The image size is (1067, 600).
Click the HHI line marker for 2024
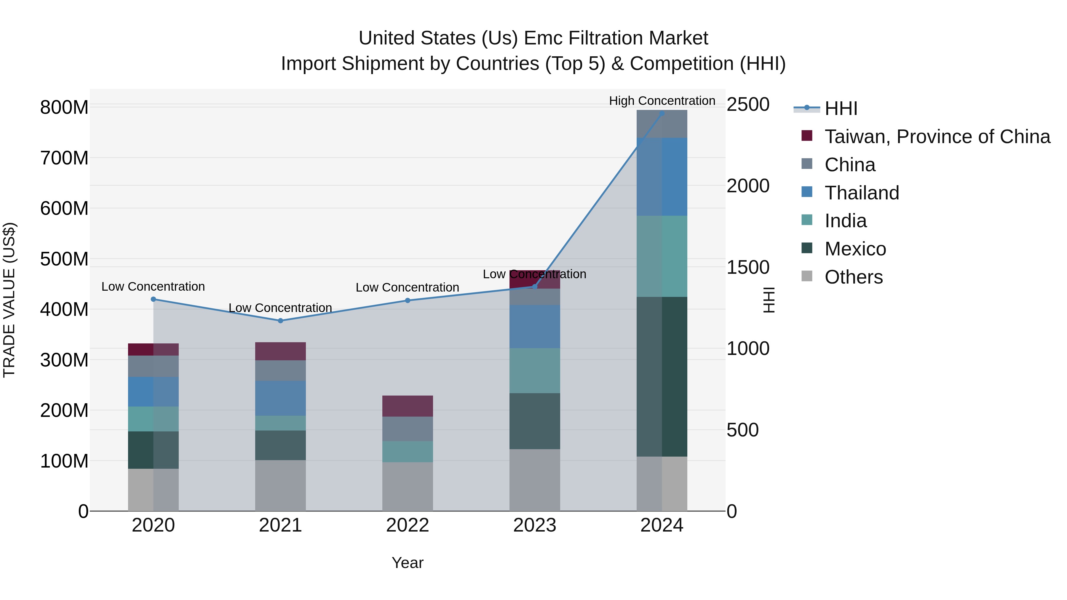coord(662,113)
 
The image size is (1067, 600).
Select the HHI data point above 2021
coord(280,321)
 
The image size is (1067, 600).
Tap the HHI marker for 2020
coord(153,299)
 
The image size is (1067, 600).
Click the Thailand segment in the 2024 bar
coord(662,177)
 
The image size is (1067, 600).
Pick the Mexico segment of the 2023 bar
coord(534,421)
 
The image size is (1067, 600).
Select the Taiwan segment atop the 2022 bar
coord(407,406)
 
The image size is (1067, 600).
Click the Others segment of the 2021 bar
coord(280,485)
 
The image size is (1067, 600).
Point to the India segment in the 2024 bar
coord(662,256)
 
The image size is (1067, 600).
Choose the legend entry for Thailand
coord(862,193)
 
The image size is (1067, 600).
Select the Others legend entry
coord(853,277)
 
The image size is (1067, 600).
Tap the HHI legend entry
coord(841,108)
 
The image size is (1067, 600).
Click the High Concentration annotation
coord(662,101)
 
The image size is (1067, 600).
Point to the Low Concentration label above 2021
coord(280,308)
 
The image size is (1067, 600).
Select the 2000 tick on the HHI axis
coord(748,186)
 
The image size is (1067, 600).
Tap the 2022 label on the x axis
coord(407,525)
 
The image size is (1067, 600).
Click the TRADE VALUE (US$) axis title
coord(9,300)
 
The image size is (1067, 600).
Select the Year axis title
coord(407,563)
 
